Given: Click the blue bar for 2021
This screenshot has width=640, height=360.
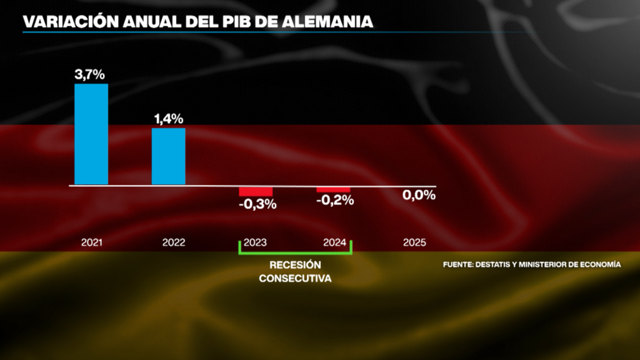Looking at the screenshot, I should pyautogui.click(x=91, y=134).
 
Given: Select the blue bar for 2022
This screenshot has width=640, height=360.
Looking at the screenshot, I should pyautogui.click(x=168, y=156).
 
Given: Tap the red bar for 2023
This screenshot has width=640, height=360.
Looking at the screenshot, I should pyautogui.click(x=255, y=191).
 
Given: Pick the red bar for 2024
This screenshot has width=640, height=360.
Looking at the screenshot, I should pyautogui.click(x=333, y=189).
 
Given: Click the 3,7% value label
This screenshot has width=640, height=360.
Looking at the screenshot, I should pyautogui.click(x=90, y=74).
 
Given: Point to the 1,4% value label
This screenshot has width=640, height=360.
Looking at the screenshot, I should pyautogui.click(x=168, y=119).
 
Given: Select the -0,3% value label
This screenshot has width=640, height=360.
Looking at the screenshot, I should pyautogui.click(x=257, y=204).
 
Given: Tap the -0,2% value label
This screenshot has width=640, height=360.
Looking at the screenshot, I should pyautogui.click(x=335, y=201).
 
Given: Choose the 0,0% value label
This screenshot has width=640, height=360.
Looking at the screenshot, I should pyautogui.click(x=419, y=195).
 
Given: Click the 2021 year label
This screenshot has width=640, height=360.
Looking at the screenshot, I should pyautogui.click(x=91, y=242).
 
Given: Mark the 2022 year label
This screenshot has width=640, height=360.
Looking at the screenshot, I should pyautogui.click(x=174, y=242).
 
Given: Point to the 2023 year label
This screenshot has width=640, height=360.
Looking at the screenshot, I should pyautogui.click(x=255, y=242).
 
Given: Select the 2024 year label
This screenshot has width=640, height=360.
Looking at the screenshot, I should pyautogui.click(x=334, y=242).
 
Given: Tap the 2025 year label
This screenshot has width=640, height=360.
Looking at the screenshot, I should pyautogui.click(x=415, y=242).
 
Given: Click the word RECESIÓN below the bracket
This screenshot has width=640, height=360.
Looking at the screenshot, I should pyautogui.click(x=295, y=265).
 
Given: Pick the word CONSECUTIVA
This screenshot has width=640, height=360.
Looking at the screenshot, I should pyautogui.click(x=295, y=278).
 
